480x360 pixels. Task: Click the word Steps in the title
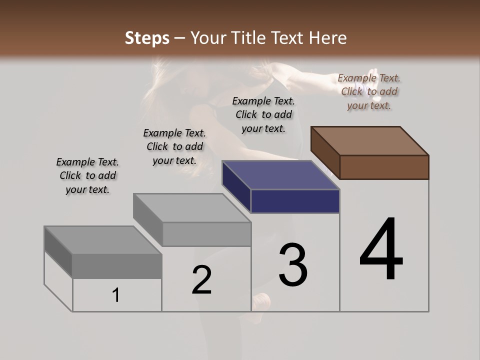point(147,38)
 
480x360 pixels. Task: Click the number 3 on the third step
point(293,264)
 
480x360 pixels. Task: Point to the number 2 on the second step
point(202,280)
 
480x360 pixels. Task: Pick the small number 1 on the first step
point(116,295)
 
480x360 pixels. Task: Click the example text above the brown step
point(369,91)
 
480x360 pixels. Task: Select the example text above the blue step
point(263,114)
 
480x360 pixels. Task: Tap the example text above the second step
point(174,146)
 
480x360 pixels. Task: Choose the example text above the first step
point(87,175)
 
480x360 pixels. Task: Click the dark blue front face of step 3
point(295,201)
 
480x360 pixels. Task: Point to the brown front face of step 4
point(384,167)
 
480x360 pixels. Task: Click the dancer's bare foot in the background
point(261,302)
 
